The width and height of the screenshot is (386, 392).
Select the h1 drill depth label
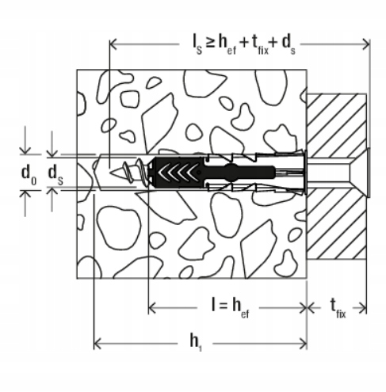(196, 342)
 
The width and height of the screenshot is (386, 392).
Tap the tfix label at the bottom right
(338, 309)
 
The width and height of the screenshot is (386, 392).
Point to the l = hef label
(231, 308)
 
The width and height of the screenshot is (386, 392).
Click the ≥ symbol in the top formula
(210, 43)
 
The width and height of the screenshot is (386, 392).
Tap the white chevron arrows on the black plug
(178, 173)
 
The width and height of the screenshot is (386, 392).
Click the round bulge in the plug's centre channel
(231, 173)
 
